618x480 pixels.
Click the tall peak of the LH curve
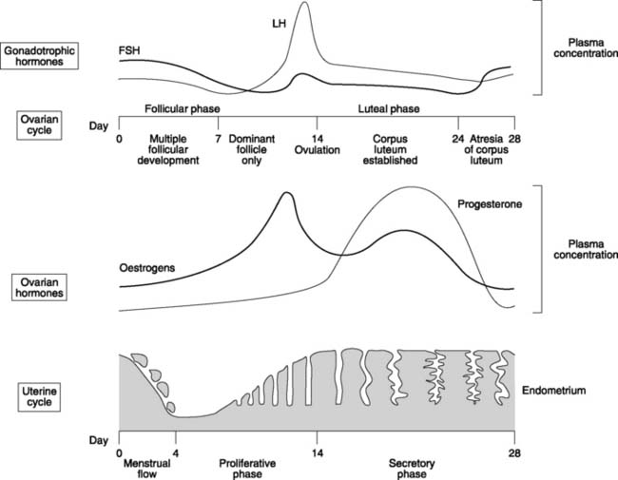tap(303, 5)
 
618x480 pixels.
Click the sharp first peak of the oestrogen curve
tap(286, 194)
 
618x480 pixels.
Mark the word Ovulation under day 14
tap(317, 149)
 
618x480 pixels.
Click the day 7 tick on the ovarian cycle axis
tap(219, 136)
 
